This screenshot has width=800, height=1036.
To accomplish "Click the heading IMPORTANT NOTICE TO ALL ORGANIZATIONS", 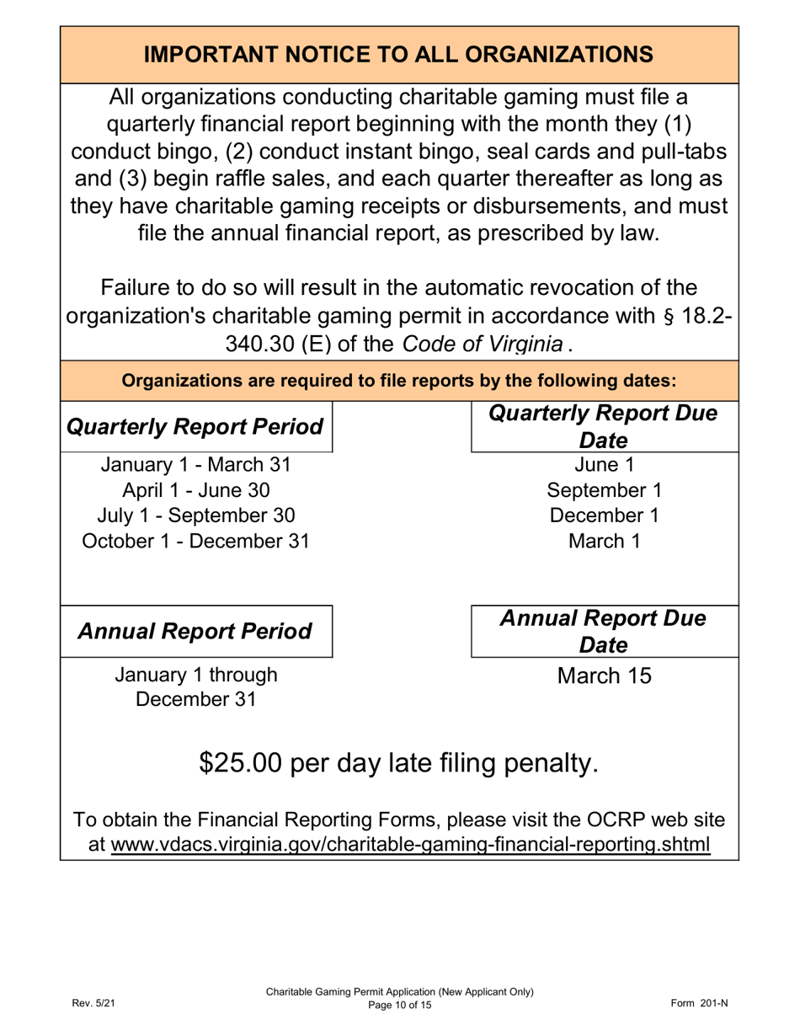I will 398,54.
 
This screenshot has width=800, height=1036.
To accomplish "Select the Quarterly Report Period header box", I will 196,427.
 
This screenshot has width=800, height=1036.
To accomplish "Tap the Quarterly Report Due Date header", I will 603,427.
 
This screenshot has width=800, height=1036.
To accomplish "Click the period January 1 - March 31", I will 196,465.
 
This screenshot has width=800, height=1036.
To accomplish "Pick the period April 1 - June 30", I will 196,490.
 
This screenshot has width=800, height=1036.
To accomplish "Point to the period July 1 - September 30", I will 196,515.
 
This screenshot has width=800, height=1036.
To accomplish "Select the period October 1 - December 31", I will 196,541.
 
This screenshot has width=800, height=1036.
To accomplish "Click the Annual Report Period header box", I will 196,631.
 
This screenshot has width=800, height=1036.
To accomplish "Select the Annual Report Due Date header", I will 603,631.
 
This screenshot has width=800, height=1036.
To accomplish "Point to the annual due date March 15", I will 603,676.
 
